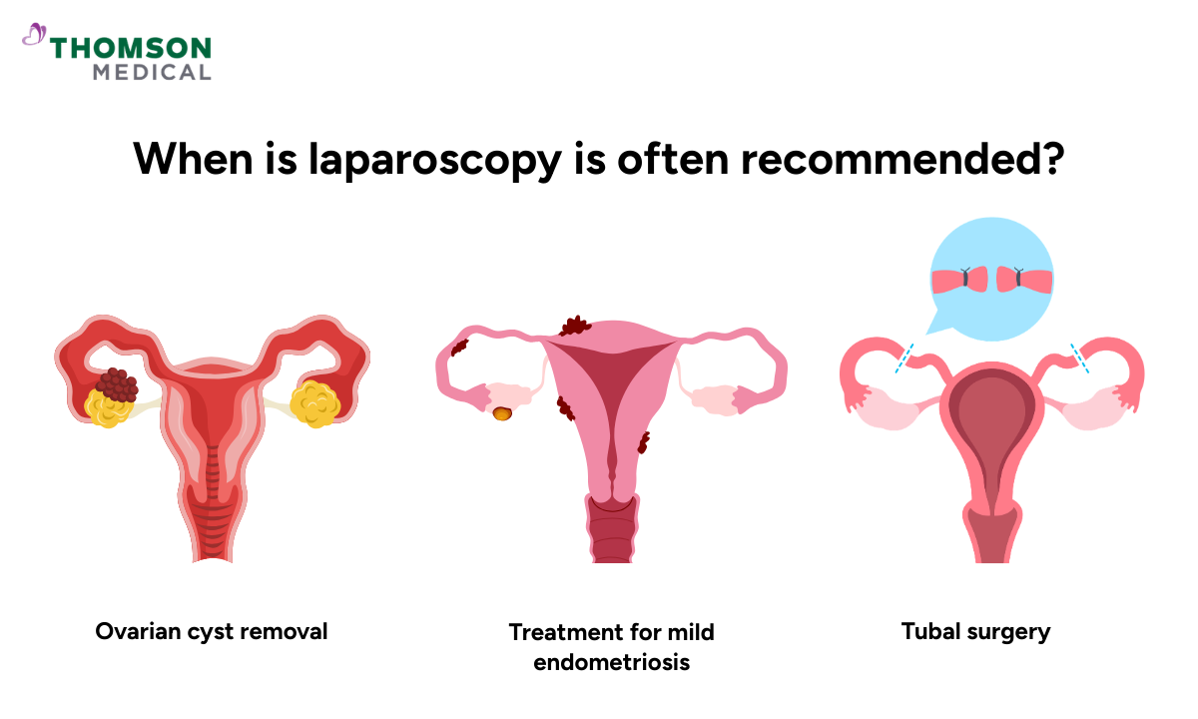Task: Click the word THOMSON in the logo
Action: coord(131,47)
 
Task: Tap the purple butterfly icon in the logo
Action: coord(34,36)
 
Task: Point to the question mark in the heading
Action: coord(1052,158)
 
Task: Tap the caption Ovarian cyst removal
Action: coord(212,631)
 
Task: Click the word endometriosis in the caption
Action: coord(611,661)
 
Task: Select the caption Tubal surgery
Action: coord(975,631)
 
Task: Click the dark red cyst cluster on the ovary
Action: coord(117,385)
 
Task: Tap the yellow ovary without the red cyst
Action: coord(315,403)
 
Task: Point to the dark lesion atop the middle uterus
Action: coord(576,325)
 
